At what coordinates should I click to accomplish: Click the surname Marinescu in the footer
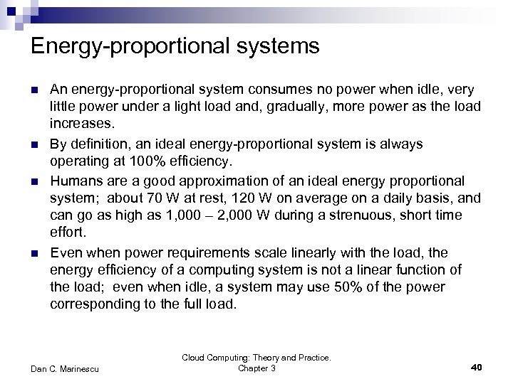click(81, 367)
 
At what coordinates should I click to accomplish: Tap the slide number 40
click(477, 367)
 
